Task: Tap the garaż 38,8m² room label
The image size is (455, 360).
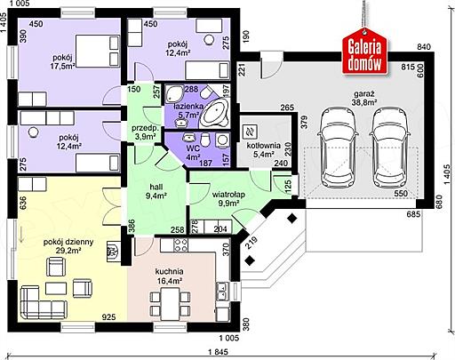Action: pyautogui.click(x=364, y=99)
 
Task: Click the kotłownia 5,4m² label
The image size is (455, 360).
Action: pyautogui.click(x=264, y=149)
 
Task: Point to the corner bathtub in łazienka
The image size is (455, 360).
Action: pyautogui.click(x=214, y=114)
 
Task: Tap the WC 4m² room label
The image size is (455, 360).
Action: pyautogui.click(x=193, y=152)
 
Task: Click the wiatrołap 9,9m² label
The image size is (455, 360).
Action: pyautogui.click(x=228, y=199)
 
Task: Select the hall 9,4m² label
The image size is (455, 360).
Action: pyautogui.click(x=156, y=191)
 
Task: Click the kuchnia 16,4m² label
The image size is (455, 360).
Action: pyautogui.click(x=169, y=276)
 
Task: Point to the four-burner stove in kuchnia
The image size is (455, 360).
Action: pyautogui.click(x=180, y=245)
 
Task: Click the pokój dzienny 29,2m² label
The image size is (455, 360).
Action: pyautogui.click(x=68, y=246)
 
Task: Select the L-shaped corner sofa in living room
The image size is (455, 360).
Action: pyautogui.click(x=43, y=302)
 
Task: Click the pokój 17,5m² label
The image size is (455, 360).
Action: pyautogui.click(x=62, y=61)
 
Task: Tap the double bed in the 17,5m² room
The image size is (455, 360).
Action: pyautogui.click(x=98, y=52)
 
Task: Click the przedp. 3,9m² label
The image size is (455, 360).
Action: pyautogui.click(x=146, y=132)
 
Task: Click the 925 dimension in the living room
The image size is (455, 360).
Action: pyautogui.click(x=108, y=317)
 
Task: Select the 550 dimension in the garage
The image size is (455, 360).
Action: pyautogui.click(x=401, y=194)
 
